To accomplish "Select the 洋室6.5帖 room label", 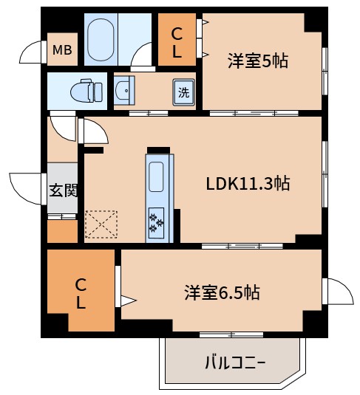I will pyautogui.click(x=222, y=292).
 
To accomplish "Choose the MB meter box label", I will pyautogui.click(x=61, y=51).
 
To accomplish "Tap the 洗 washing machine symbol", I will pyautogui.click(x=183, y=92).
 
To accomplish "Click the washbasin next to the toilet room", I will pyautogui.click(x=124, y=92).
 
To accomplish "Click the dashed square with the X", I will pyautogui.click(x=101, y=224).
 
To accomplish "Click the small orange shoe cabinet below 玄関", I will pyautogui.click(x=62, y=232).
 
